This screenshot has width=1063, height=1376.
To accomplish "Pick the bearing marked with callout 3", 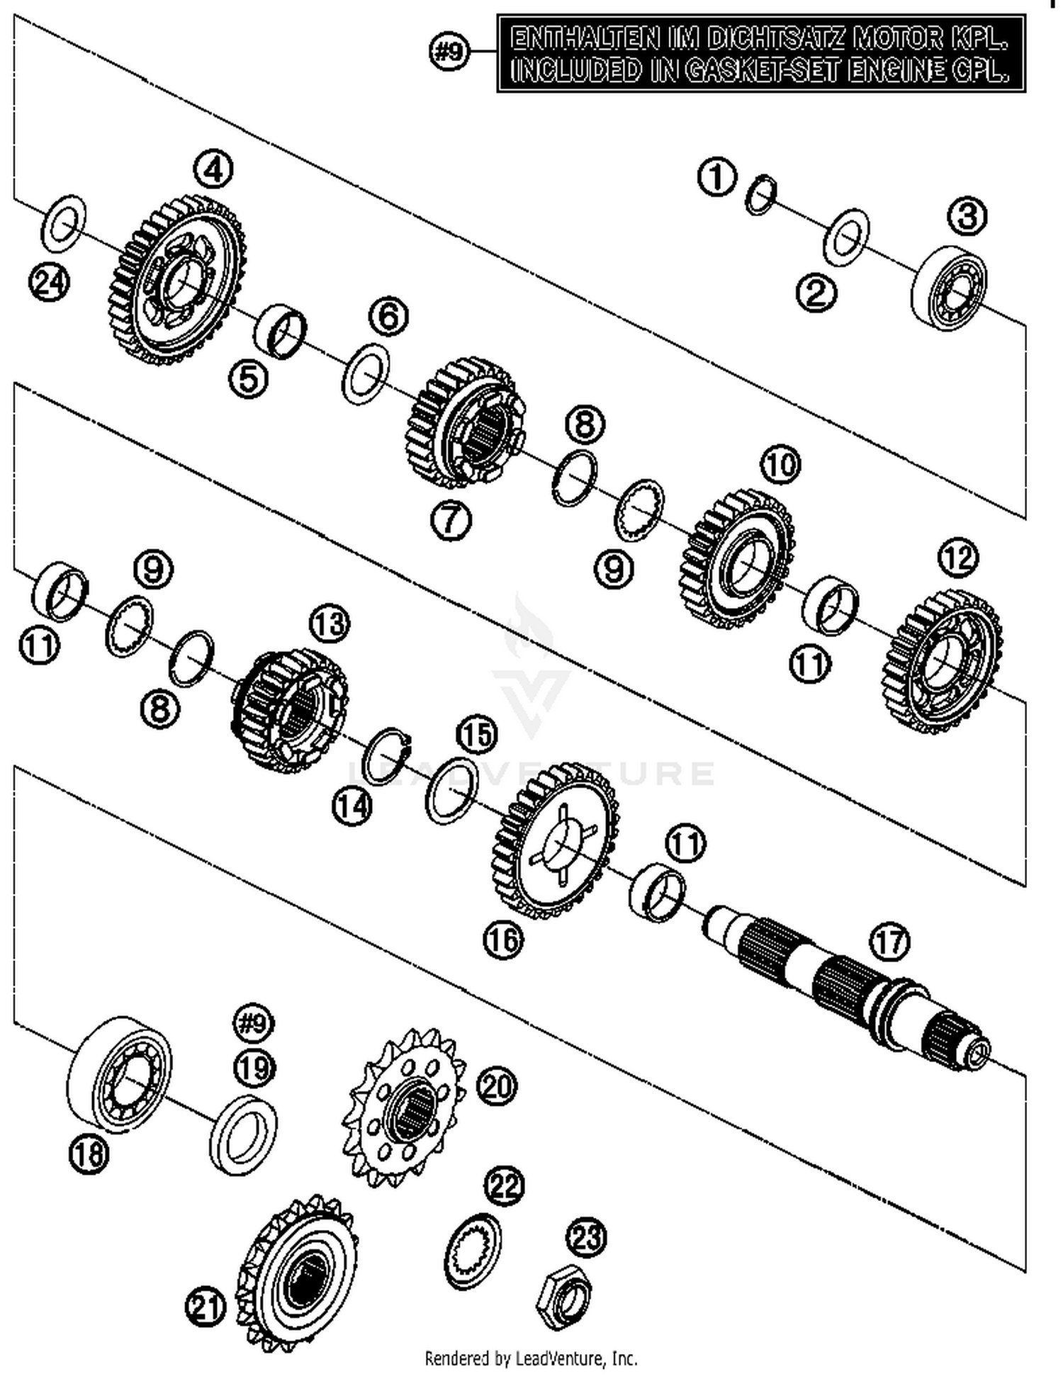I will (949, 288).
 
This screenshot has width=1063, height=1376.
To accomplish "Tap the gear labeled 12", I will (943, 662).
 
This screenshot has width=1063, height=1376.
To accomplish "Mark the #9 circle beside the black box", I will (449, 51).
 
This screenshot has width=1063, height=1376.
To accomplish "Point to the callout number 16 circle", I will (503, 940).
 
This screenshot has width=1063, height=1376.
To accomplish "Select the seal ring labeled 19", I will (243, 1133).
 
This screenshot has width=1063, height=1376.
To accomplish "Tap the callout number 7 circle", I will (451, 521).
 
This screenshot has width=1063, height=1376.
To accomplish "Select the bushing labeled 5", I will (280, 331).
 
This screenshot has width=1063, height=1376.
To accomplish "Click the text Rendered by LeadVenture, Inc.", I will (531, 1358).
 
